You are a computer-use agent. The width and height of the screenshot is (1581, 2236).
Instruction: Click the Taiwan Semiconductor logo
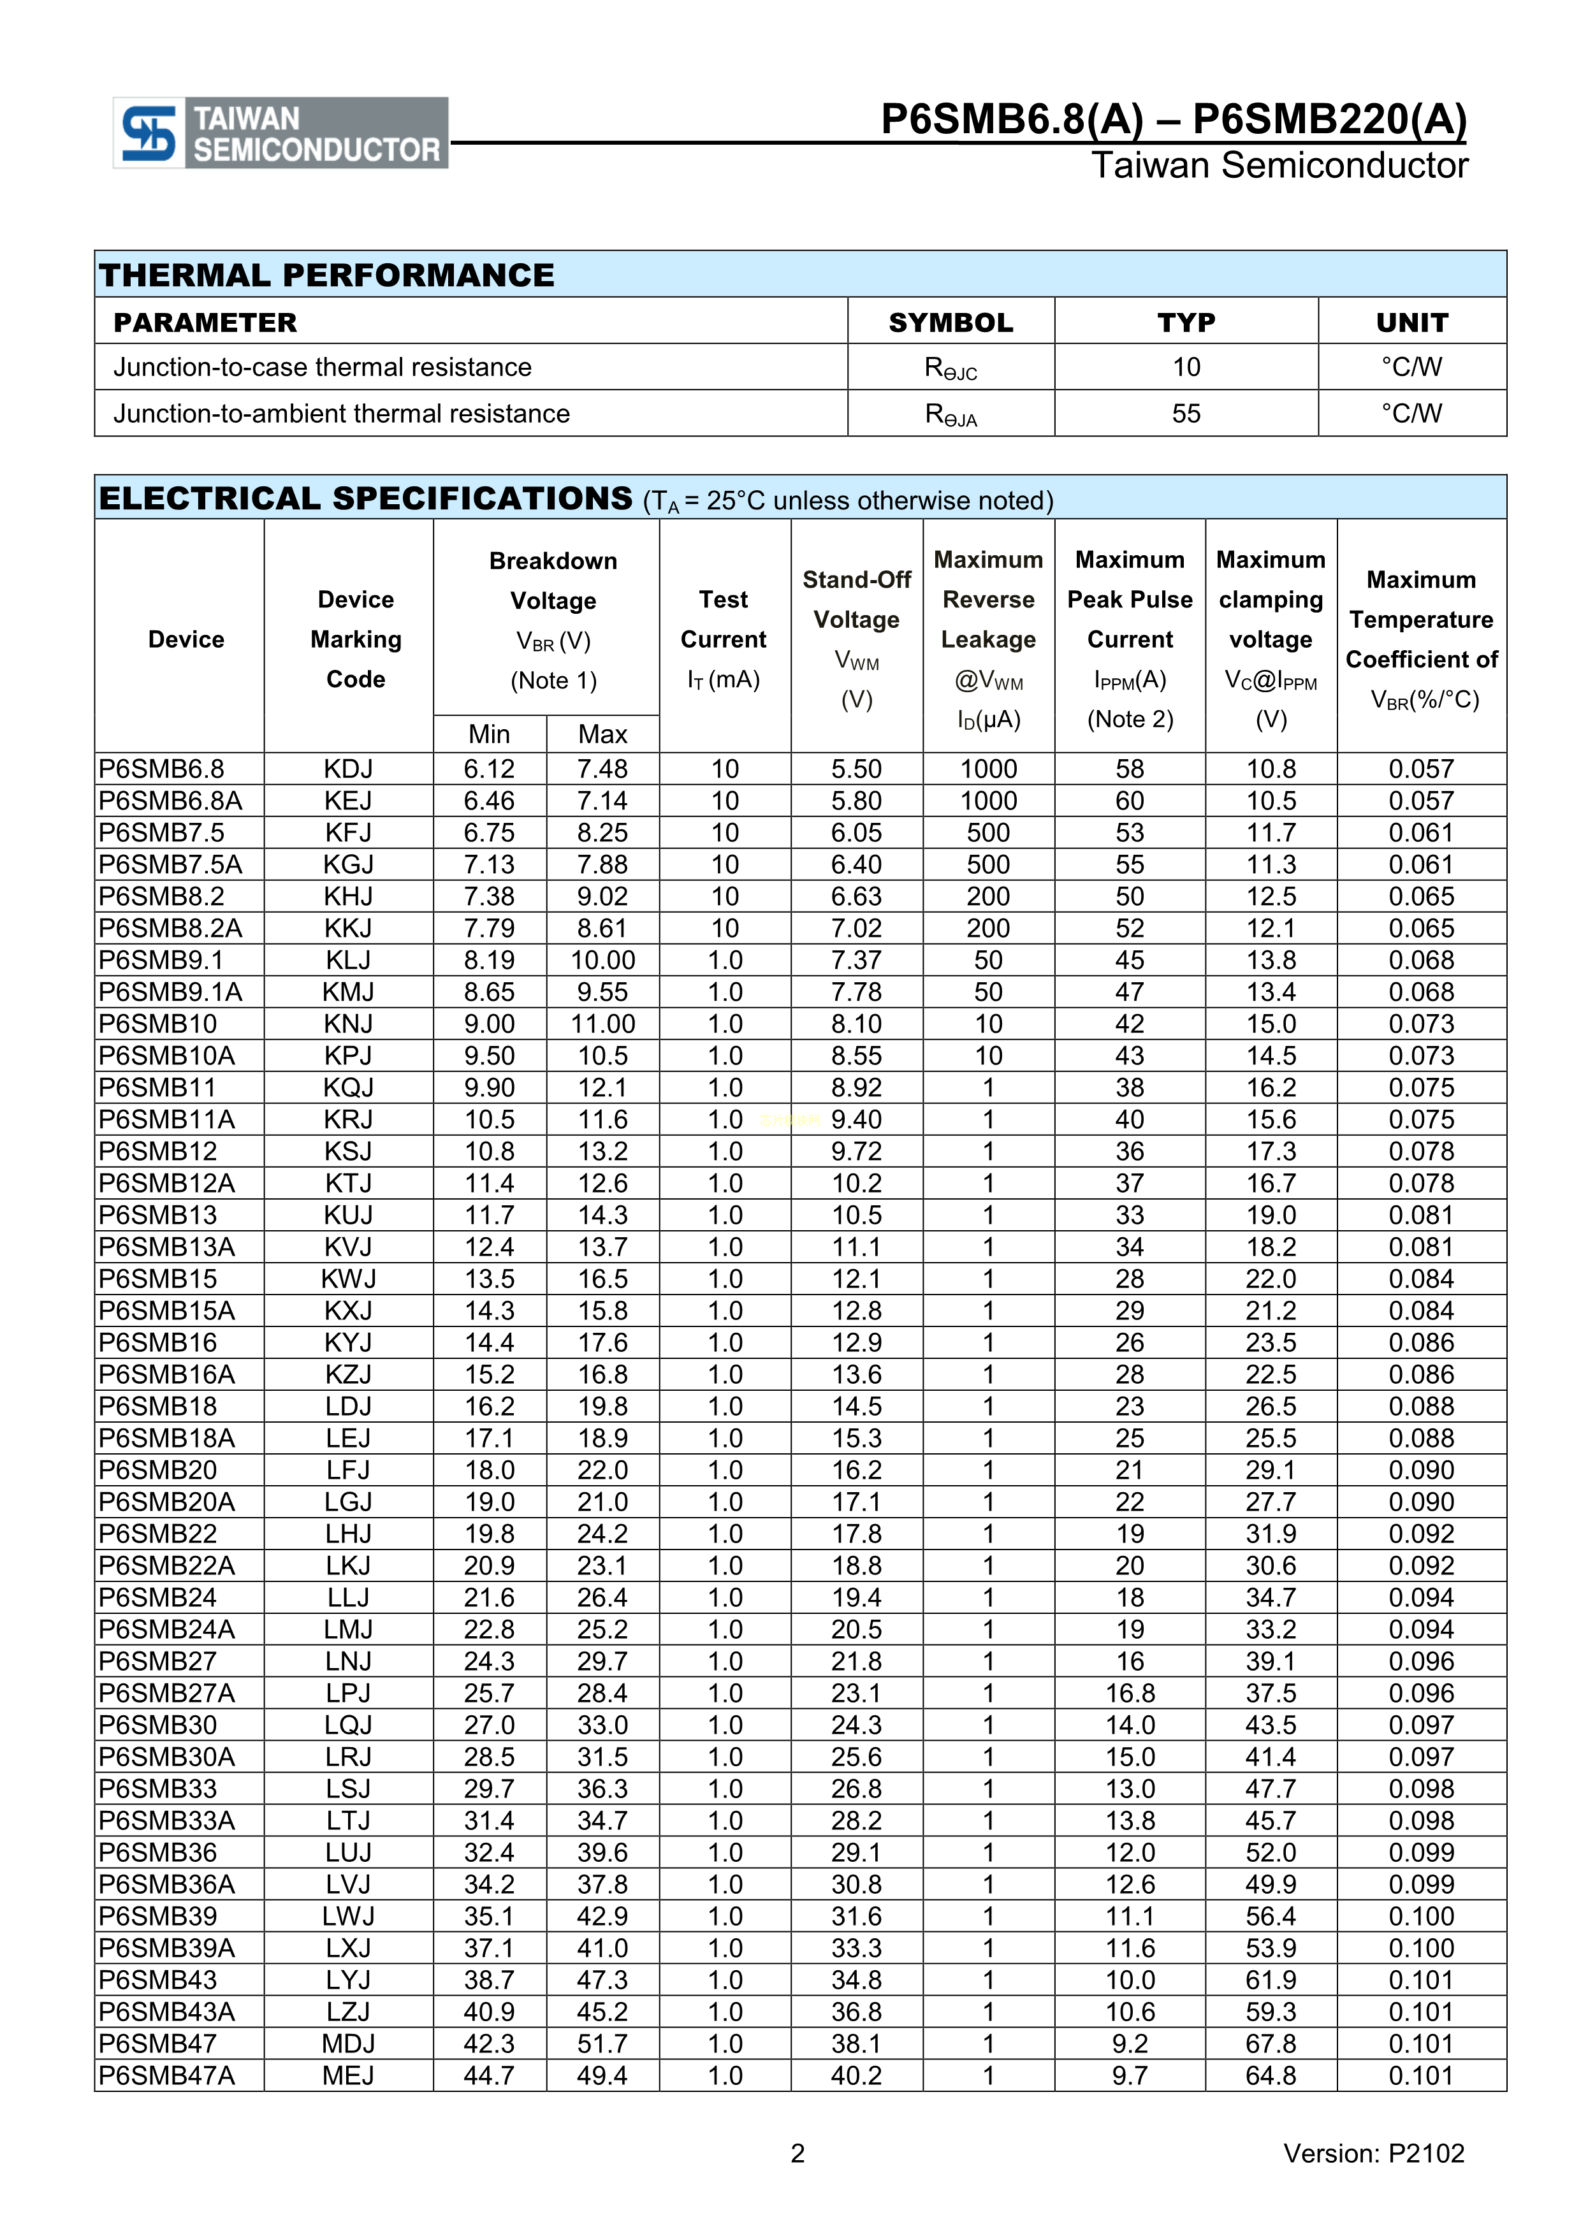280,133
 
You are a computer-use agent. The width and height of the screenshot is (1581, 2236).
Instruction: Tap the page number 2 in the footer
798,2153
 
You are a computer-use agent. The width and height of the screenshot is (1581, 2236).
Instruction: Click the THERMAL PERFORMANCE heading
326,275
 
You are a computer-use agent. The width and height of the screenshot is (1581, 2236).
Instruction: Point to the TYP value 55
1186,414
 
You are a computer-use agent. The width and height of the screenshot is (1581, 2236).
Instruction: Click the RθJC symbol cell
951,368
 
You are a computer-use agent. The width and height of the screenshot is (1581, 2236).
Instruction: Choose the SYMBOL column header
951,323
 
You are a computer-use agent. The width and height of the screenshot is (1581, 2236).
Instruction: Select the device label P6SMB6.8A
170,801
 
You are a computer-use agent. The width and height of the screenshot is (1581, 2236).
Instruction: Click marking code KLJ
348,960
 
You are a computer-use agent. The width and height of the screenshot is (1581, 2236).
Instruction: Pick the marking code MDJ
348,2043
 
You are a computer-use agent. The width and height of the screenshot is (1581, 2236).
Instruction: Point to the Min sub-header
489,733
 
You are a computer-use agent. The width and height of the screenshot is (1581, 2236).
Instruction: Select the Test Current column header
724,638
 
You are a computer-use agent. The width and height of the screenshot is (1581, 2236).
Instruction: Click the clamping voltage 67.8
1271,2043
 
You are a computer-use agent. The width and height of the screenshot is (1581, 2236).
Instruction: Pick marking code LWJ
348,1915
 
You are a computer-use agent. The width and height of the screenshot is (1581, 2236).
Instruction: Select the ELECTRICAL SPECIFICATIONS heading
365,498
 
